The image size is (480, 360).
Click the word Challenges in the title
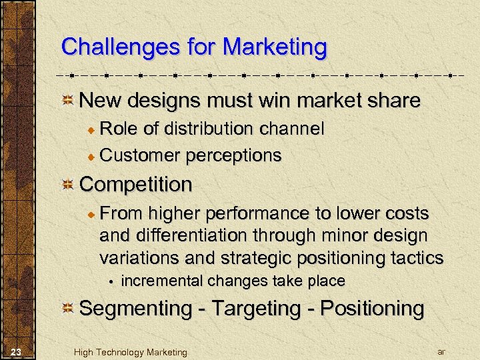click(x=107, y=47)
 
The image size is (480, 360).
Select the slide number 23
click(x=17, y=351)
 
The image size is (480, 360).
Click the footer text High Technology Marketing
click(x=131, y=352)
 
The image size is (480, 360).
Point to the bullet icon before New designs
click(x=68, y=101)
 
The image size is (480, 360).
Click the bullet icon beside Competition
click(x=68, y=185)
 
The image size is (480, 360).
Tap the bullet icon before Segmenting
click(x=68, y=309)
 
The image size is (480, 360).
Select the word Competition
click(x=136, y=184)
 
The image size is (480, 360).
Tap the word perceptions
click(x=234, y=155)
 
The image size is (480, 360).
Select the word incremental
click(x=162, y=281)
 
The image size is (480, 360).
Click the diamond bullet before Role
click(x=93, y=129)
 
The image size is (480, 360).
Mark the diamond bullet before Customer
click(x=93, y=156)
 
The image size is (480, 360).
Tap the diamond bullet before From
click(x=93, y=213)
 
